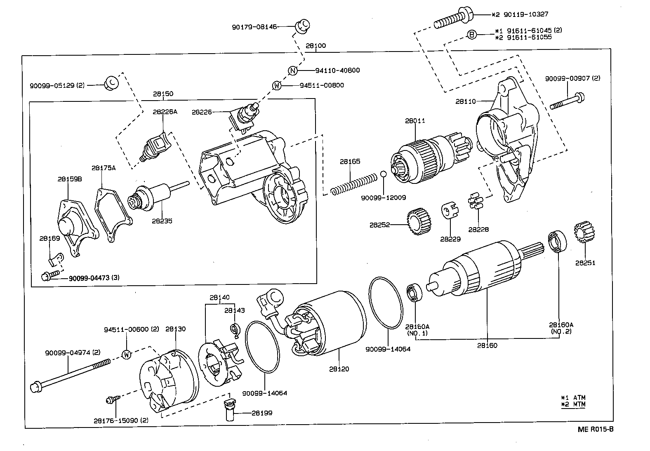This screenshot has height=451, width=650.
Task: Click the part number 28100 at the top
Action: (x=316, y=46)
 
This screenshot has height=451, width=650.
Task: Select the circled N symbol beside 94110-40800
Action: (x=292, y=70)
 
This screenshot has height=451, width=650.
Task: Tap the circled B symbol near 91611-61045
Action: (x=472, y=35)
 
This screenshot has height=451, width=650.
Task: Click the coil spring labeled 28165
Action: (x=353, y=184)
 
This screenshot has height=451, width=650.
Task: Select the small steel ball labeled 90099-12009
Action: (x=384, y=174)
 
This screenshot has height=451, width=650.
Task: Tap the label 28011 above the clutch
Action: (x=414, y=121)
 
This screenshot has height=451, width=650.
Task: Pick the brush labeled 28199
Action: (x=230, y=410)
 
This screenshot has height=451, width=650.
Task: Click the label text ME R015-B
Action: (x=596, y=429)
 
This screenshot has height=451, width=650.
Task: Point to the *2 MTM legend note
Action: (x=573, y=404)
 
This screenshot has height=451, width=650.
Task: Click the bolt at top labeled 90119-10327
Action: (x=453, y=20)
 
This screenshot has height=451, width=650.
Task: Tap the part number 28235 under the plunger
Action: (x=162, y=221)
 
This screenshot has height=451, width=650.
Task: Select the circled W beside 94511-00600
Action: (x=126, y=355)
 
